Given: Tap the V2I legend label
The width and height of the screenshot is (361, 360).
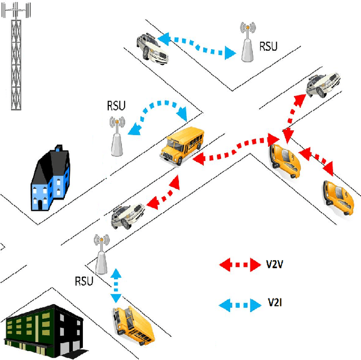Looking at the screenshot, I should tap(275, 305).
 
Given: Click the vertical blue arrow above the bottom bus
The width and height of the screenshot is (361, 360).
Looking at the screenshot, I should tap(116, 287).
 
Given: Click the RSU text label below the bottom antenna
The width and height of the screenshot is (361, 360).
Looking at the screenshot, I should tap(83, 280).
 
